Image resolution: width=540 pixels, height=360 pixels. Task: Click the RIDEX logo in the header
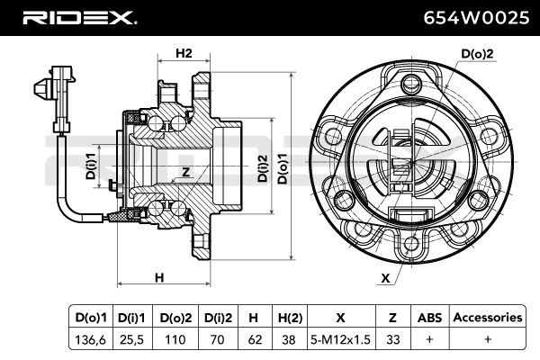(x=79, y=18)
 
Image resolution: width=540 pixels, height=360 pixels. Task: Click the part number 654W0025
(x=476, y=18)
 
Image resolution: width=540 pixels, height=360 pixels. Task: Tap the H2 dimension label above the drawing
(x=184, y=53)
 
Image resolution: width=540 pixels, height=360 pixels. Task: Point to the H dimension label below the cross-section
(x=159, y=278)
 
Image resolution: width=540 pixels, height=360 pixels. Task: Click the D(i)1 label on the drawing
(x=91, y=166)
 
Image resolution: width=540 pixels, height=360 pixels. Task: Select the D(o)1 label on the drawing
(x=283, y=168)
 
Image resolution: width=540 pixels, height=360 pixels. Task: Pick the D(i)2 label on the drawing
(x=263, y=168)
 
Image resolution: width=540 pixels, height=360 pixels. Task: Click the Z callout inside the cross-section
(x=186, y=172)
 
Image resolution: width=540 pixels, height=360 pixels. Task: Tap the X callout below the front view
(x=385, y=278)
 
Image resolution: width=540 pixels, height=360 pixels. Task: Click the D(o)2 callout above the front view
(x=477, y=54)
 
